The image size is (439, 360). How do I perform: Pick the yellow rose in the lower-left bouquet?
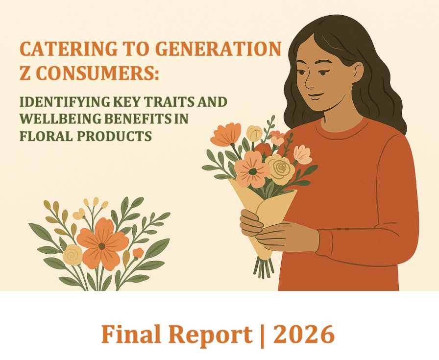pos(73,254)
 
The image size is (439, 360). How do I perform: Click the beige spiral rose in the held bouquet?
pos(281,169)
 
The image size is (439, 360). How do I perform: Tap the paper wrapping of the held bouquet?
pos(267,206)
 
